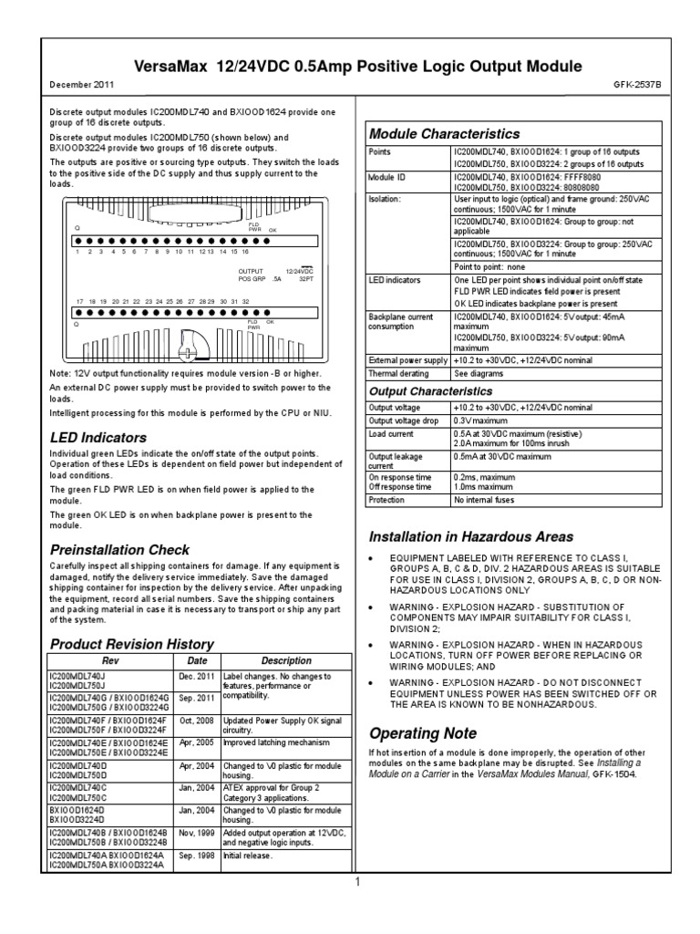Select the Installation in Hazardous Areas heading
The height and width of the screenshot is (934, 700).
471,535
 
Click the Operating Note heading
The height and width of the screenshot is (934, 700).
409,732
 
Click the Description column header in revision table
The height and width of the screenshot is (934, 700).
286,660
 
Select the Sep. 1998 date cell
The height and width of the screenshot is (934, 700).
198,858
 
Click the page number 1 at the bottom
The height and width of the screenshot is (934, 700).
358,882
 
